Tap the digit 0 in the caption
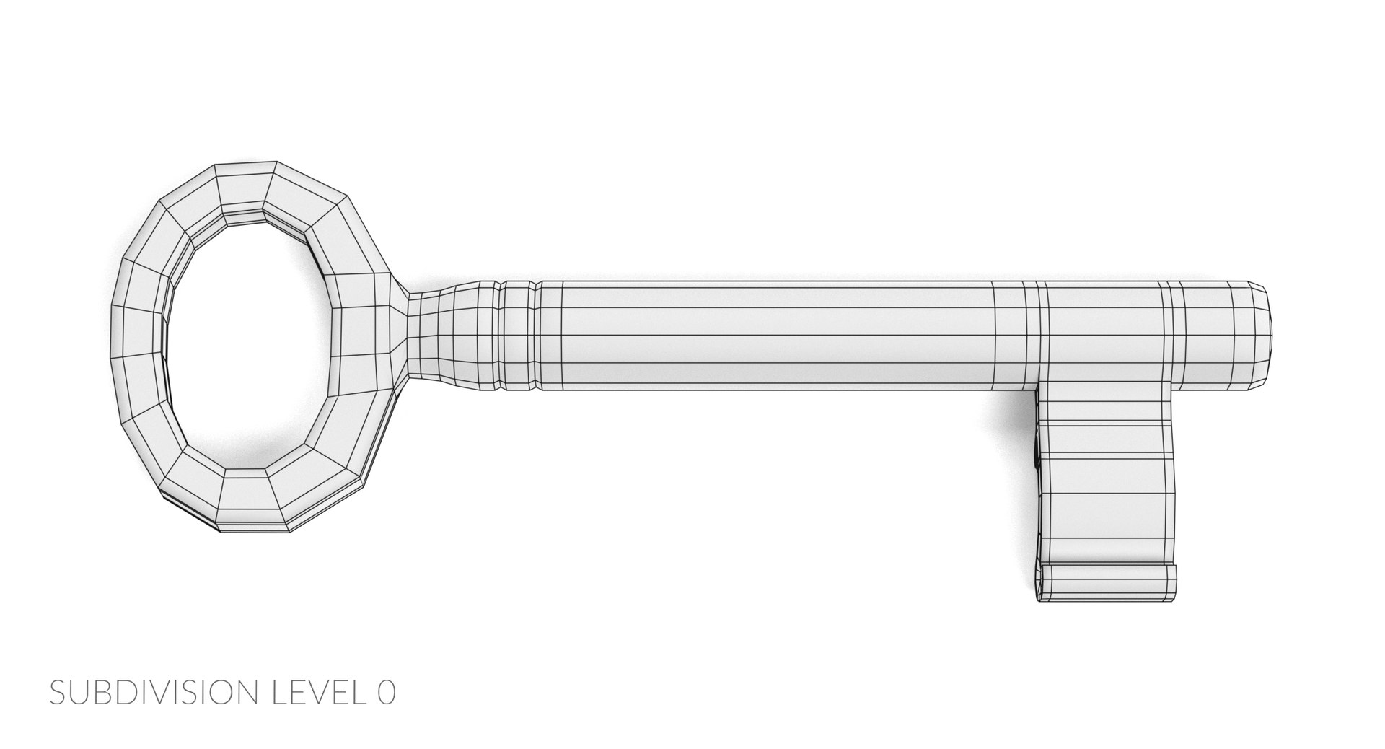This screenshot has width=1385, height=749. pyautogui.click(x=386, y=693)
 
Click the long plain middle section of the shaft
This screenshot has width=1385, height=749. pyautogui.click(x=765, y=333)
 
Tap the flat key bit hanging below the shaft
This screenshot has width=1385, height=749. pyautogui.click(x=1107, y=476)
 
